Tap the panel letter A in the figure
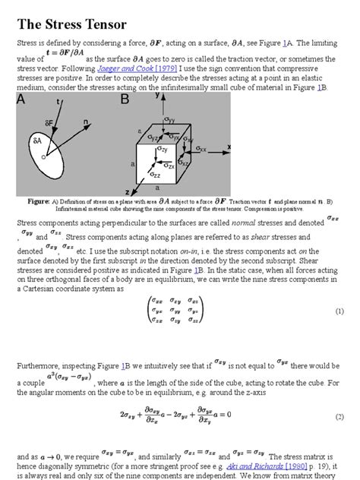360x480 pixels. tap(23, 98)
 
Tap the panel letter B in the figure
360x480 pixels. tap(125, 98)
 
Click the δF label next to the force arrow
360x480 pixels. tap(48, 122)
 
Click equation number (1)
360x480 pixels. tap(339, 311)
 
